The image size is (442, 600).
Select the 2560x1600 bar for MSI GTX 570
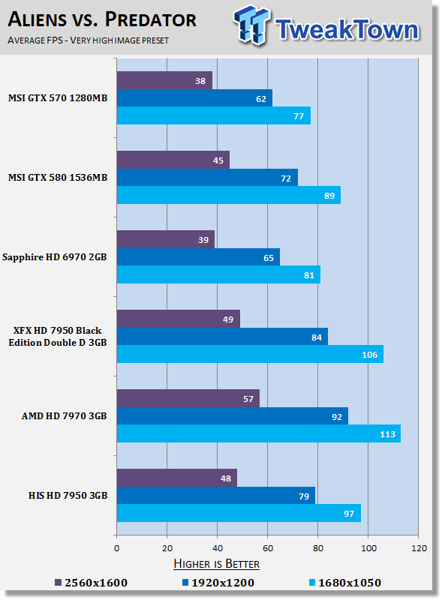click(164, 80)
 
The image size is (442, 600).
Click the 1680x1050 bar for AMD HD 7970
click(258, 433)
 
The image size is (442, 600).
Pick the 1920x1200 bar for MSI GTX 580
click(207, 178)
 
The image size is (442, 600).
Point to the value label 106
click(369, 354)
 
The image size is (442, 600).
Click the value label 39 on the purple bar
click(202, 239)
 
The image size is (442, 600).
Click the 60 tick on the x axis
click(268, 548)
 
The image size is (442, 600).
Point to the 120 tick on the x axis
click(418, 548)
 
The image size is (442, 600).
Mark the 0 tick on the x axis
click(116, 548)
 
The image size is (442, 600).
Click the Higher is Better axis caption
click(216, 564)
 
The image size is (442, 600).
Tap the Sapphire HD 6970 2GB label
click(58, 256)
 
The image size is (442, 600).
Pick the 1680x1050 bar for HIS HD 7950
click(239, 513)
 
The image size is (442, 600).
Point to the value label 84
click(315, 336)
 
